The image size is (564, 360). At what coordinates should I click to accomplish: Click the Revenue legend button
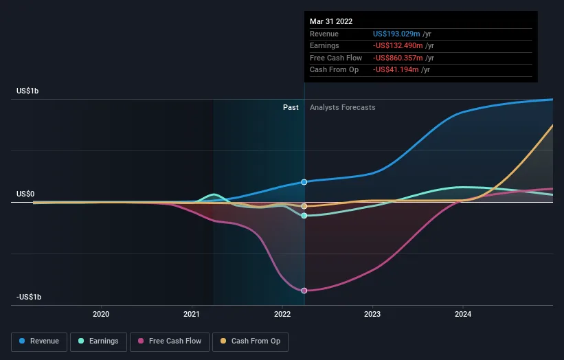(x=39, y=341)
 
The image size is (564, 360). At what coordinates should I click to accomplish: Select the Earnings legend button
(x=98, y=341)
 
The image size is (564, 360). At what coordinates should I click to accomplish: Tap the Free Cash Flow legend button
(x=170, y=341)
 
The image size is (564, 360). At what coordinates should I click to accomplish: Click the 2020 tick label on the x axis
(x=101, y=315)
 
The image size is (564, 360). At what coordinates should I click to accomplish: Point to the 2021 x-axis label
(x=192, y=315)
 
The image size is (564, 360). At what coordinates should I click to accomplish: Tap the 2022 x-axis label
(x=282, y=315)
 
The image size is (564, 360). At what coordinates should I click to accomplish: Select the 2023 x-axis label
(x=372, y=315)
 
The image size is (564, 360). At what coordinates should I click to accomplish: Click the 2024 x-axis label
(x=463, y=315)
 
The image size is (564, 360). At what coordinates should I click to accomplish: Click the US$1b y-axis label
(x=28, y=91)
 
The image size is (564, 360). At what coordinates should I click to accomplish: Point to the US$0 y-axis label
(x=25, y=194)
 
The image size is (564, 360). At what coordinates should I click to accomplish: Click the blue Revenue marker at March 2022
(x=304, y=182)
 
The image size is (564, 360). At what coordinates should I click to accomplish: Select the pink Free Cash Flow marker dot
(x=304, y=291)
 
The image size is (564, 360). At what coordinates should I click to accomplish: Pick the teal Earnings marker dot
(x=304, y=216)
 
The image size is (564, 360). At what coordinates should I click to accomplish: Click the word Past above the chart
(x=291, y=107)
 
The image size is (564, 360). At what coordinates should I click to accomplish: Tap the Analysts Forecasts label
(x=343, y=107)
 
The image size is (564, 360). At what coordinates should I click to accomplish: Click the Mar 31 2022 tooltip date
(x=331, y=21)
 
